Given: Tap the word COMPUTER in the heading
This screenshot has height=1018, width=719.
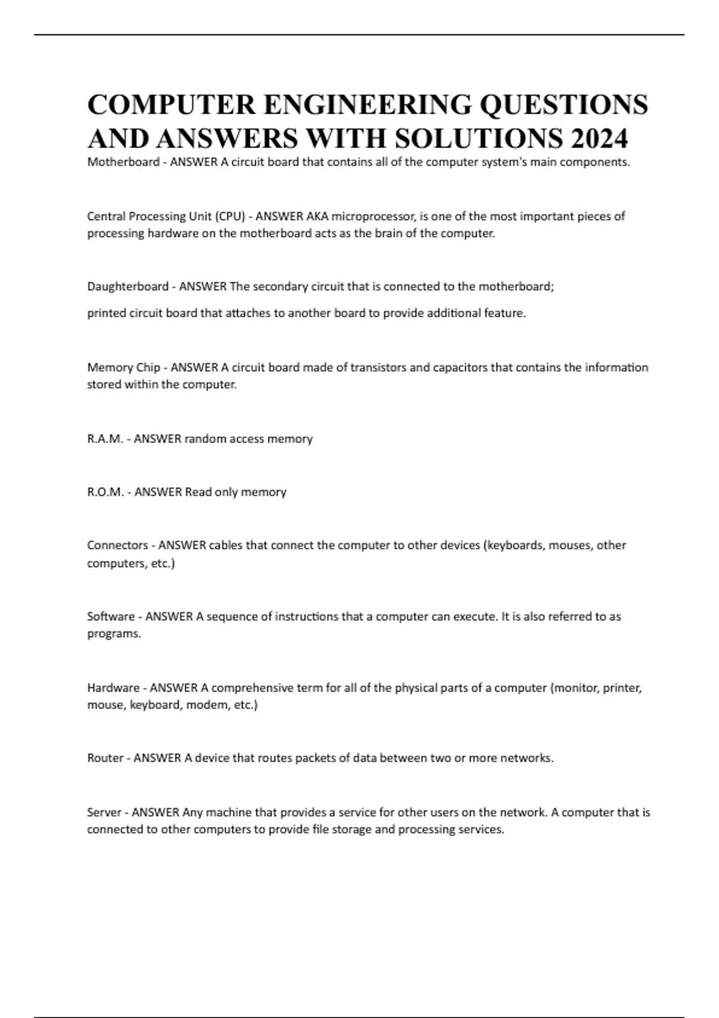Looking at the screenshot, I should (x=171, y=104).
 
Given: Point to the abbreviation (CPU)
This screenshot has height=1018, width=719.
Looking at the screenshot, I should (x=228, y=216).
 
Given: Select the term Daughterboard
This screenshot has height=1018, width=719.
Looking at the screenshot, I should (x=128, y=287).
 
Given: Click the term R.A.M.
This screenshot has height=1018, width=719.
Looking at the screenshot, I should (x=105, y=439).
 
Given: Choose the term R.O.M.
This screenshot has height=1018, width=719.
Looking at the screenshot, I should (x=105, y=492).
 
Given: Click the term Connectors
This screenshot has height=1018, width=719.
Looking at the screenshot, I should (x=117, y=546).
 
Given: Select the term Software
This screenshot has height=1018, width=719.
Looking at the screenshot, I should (x=111, y=616).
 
